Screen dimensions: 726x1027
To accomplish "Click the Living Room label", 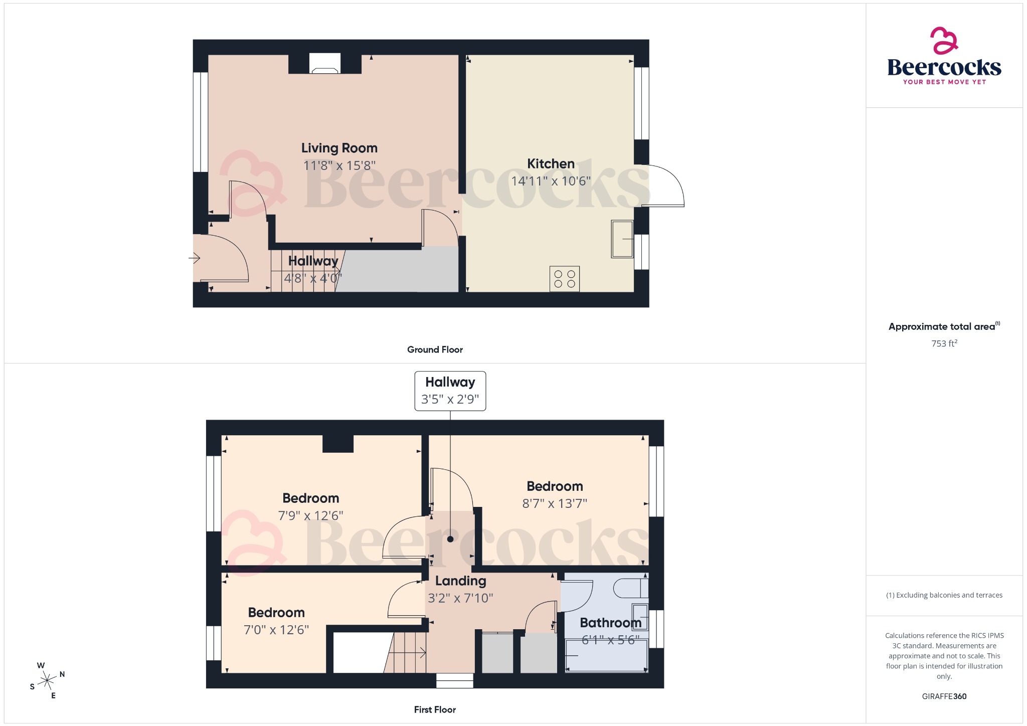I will pos(339,148).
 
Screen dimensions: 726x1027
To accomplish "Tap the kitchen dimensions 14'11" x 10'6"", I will pos(551,181).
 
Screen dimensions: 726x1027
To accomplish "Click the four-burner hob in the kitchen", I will pos(565,279).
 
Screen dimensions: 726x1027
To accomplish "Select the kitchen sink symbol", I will pos(622,239).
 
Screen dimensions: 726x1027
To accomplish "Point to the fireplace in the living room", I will pos(324,64).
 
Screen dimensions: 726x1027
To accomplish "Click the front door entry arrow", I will pos(195,258).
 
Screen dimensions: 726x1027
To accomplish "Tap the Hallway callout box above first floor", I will pos(450,391).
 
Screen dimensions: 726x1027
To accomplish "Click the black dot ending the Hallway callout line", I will pos(450,539).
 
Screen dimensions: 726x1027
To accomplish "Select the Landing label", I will pos(460,581).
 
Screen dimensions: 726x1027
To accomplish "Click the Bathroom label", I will pos(610,622).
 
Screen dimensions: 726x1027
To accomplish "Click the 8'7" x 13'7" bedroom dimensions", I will pos(555,503).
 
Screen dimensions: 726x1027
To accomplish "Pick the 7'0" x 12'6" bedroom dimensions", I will pos(276,630).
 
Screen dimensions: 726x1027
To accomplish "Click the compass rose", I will pos(47,680).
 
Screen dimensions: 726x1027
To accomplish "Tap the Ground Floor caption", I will pos(435,349).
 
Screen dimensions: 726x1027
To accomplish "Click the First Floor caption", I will pos(435,709).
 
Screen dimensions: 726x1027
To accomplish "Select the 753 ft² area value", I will pos(944,343).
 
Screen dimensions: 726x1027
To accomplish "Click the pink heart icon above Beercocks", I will pos(944,41).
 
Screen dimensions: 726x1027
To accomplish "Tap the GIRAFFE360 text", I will pos(944,696).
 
